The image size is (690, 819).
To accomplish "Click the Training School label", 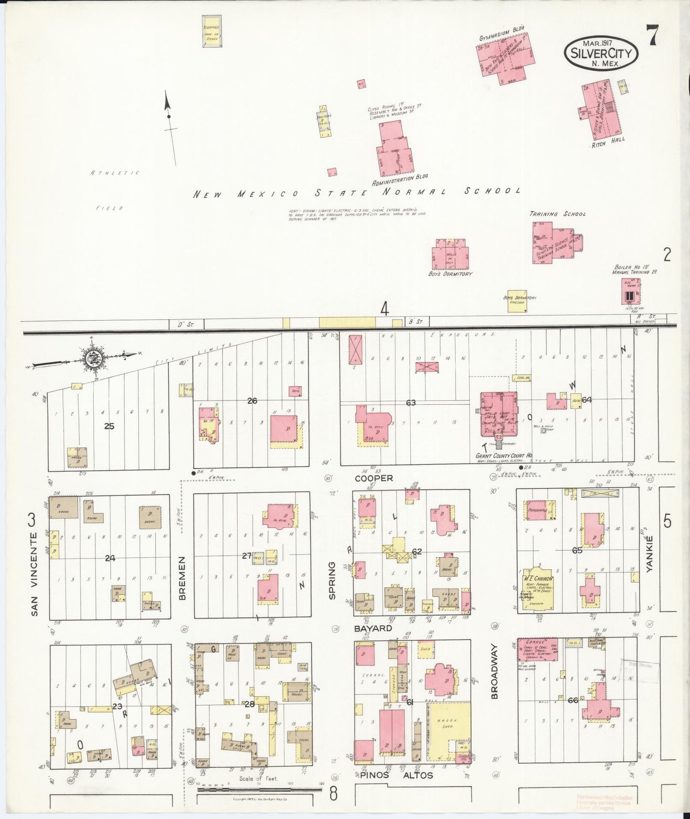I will click(x=557, y=214).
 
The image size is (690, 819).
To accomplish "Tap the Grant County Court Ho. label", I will click(x=503, y=456).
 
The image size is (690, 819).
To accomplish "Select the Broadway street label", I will click(x=495, y=671).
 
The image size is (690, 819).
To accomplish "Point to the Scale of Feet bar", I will click(x=260, y=789).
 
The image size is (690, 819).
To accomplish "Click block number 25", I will click(x=109, y=426).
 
